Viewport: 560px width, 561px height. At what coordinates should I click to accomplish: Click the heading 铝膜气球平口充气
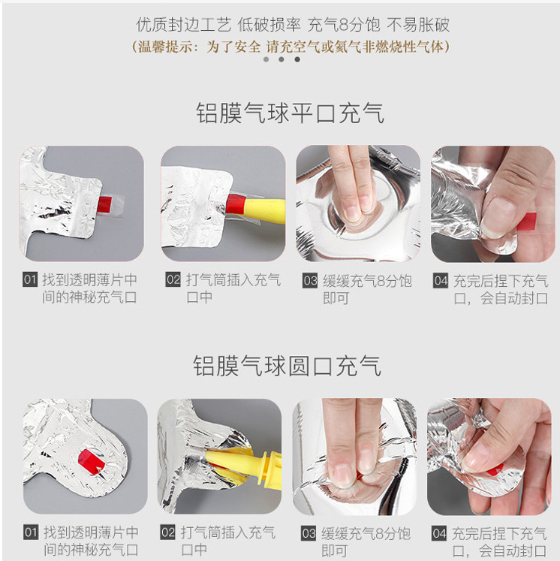pyautogui.click(x=290, y=113)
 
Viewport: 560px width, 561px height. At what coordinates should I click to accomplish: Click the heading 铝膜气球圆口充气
pyautogui.click(x=288, y=366)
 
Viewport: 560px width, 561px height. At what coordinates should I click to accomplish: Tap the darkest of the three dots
pyautogui.click(x=297, y=59)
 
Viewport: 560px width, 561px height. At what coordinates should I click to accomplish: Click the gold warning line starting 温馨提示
pyautogui.click(x=291, y=47)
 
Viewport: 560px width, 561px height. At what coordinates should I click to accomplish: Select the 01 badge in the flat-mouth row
pyautogui.click(x=30, y=279)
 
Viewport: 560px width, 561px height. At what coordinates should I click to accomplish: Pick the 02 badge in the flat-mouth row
pyautogui.click(x=173, y=279)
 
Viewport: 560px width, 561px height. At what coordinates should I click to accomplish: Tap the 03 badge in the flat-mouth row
pyautogui.click(x=310, y=281)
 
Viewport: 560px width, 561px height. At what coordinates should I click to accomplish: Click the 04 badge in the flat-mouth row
pyautogui.click(x=441, y=281)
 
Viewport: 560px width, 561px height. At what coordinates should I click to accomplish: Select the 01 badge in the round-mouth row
pyautogui.click(x=31, y=532)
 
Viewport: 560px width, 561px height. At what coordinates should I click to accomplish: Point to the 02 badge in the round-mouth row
pyautogui.click(x=167, y=532)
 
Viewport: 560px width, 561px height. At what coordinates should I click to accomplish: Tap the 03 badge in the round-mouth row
pyautogui.click(x=309, y=533)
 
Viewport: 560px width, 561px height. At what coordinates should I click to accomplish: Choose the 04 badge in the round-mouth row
pyautogui.click(x=439, y=532)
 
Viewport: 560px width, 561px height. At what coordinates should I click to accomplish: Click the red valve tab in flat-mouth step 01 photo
pyautogui.click(x=105, y=204)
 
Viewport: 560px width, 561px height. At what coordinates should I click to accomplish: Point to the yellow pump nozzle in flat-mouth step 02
pyautogui.click(x=264, y=211)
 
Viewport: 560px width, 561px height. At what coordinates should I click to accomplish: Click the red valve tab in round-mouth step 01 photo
pyautogui.click(x=91, y=461)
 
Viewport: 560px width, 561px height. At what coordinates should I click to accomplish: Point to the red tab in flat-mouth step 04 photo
pyautogui.click(x=527, y=222)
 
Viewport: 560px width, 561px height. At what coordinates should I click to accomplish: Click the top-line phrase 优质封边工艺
pyautogui.click(x=183, y=25)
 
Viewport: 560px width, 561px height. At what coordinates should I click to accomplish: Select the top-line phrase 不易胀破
pyautogui.click(x=418, y=25)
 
